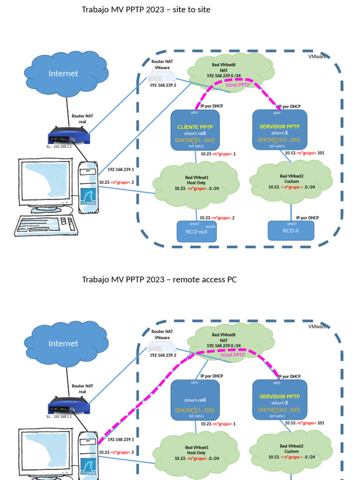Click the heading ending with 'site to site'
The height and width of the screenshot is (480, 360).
click(146, 9)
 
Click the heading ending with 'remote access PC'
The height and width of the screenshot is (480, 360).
click(159, 279)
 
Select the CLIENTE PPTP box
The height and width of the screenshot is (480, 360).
click(195, 130)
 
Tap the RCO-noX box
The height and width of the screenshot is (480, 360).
click(196, 231)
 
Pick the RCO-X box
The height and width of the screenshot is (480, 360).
click(291, 231)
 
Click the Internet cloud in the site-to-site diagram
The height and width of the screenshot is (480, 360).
click(64, 74)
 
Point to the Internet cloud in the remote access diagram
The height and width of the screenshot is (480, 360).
click(64, 344)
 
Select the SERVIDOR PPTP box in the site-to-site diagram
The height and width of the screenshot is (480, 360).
click(279, 130)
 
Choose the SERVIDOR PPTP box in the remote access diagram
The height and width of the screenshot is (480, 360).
click(279, 400)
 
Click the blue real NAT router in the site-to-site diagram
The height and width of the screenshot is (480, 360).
click(69, 136)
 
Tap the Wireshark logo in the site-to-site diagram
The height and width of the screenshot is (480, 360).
click(88, 197)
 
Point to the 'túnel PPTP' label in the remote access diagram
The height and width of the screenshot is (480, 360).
click(232, 355)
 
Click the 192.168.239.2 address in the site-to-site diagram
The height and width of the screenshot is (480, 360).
click(163, 85)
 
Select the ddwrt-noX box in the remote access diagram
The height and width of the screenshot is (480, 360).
click(195, 400)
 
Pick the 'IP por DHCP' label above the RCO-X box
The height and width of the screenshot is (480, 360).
click(307, 217)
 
